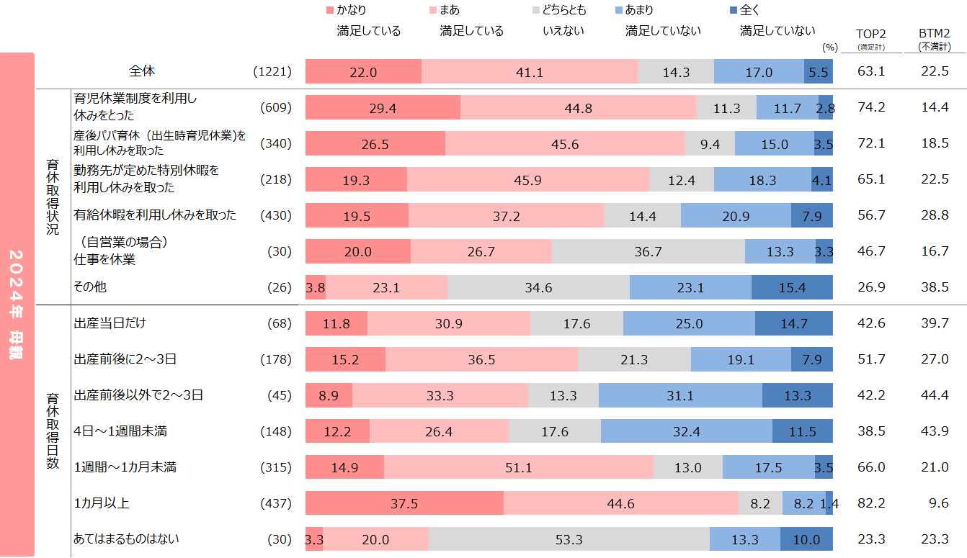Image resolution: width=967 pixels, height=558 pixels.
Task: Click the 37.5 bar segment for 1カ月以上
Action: [404, 503]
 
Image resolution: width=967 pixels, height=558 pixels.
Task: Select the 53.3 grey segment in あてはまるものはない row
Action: [569, 539]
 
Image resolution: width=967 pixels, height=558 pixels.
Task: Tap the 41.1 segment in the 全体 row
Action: [530, 72]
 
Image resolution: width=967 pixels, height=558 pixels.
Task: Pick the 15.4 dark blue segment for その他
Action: [792, 287]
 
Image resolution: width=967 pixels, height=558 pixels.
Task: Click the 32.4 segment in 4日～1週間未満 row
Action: [686, 431]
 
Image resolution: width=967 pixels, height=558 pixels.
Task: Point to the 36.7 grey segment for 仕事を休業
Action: [648, 251]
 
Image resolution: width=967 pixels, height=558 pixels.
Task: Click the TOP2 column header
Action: [870, 34]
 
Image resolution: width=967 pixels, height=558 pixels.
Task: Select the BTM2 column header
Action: [934, 34]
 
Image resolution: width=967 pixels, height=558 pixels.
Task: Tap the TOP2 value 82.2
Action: [870, 503]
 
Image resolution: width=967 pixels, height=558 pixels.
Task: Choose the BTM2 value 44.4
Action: [934, 395]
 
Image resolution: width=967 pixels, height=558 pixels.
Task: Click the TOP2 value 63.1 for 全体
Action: [870, 72]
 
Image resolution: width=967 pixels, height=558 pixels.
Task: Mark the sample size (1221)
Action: [272, 72]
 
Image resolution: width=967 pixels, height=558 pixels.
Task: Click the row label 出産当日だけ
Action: [110, 323]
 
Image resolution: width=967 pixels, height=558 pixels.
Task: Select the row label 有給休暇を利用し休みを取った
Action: [155, 215]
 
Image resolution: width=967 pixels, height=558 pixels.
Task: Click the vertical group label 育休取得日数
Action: [53, 431]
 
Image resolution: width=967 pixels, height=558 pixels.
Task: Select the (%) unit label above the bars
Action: [829, 48]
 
